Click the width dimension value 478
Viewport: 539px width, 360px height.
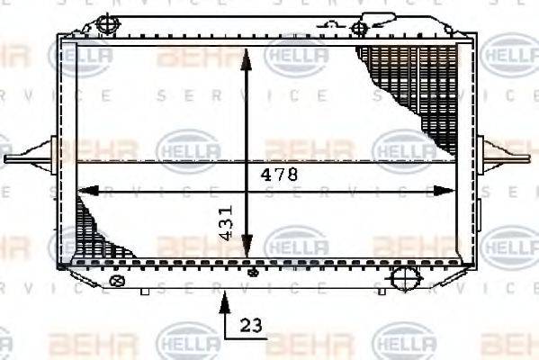[x=279, y=175]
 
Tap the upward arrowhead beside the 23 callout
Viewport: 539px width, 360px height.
[x=222, y=301]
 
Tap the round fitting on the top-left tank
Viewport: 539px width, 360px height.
[x=107, y=22]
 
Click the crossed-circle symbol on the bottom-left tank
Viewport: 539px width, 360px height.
[x=114, y=282]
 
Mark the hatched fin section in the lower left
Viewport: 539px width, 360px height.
[x=94, y=229]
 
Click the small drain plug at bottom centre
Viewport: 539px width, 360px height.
[x=253, y=269]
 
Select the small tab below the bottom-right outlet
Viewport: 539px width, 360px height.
[x=384, y=290]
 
